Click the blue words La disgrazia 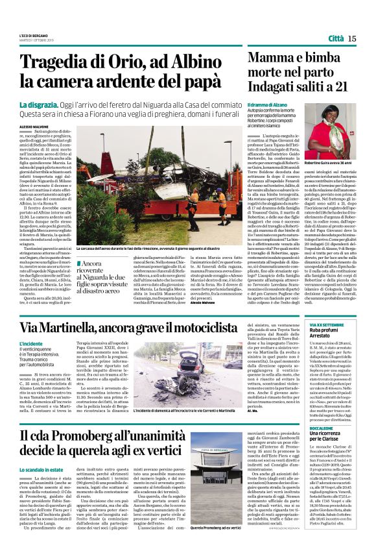pos(40,105)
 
